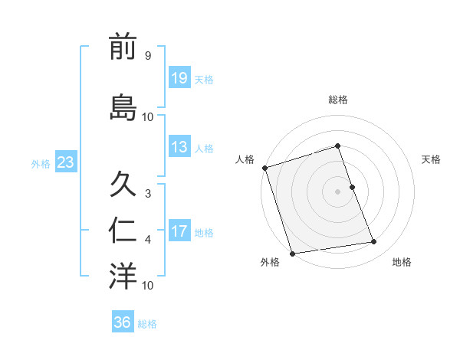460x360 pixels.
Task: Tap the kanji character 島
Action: (x=123, y=106)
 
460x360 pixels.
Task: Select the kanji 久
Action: (x=123, y=185)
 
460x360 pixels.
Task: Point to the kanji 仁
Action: (x=123, y=231)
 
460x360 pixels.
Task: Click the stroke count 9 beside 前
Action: (x=148, y=56)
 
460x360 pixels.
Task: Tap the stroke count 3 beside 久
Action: (x=148, y=193)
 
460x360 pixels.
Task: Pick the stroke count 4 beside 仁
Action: (x=148, y=240)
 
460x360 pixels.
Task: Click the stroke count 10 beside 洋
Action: (x=148, y=285)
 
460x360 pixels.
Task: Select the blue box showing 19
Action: (x=179, y=77)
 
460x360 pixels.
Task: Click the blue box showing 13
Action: (x=179, y=147)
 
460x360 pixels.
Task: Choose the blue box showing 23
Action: (x=65, y=162)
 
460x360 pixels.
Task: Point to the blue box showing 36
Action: (x=123, y=322)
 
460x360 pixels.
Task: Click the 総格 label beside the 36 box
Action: (x=148, y=324)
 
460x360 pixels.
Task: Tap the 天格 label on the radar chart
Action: (x=431, y=159)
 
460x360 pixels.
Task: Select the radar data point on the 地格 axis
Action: (x=374, y=242)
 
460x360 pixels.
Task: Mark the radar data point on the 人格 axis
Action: (x=264, y=168)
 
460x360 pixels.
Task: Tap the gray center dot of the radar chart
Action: (x=337, y=191)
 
